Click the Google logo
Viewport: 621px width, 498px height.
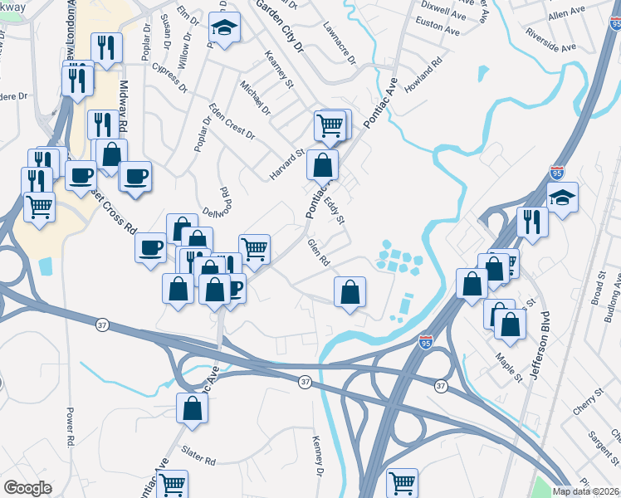pyautogui.click(x=27, y=488)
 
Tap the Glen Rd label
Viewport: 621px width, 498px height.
pyautogui.click(x=319, y=252)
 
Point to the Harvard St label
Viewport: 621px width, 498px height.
pyautogui.click(x=288, y=160)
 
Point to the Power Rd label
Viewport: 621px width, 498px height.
pyautogui.click(x=70, y=424)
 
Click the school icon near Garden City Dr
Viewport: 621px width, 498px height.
pyautogui.click(x=224, y=29)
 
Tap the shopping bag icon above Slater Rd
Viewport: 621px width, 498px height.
pyautogui.click(x=193, y=408)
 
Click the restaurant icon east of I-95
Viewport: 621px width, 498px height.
pyautogui.click(x=532, y=222)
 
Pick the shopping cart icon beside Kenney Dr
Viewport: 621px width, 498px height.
pyautogui.click(x=402, y=482)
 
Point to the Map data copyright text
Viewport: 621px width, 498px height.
pyautogui.click(x=586, y=491)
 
